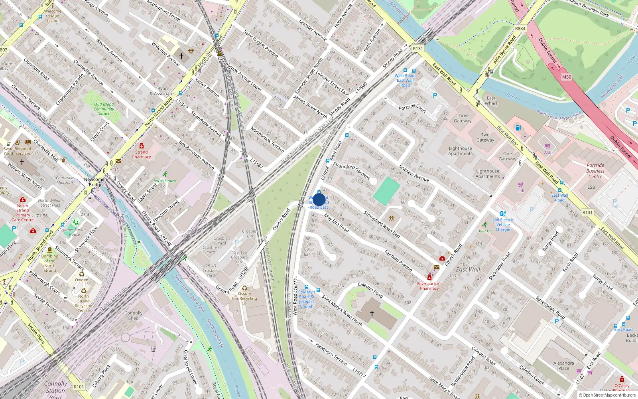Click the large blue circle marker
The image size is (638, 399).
pyautogui.click(x=319, y=199)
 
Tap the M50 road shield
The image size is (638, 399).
pyautogui.click(x=566, y=77)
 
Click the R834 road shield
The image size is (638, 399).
pyautogui.click(x=520, y=28)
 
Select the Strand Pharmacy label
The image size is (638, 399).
pyautogui.click(x=142, y=154)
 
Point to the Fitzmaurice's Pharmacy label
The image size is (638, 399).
pyautogui.click(x=429, y=286)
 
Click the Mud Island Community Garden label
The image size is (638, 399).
pyautogui.click(x=104, y=109)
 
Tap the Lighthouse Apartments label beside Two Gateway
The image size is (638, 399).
pyautogui.click(x=460, y=151)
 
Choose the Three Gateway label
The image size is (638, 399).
pyautogui.click(x=463, y=118)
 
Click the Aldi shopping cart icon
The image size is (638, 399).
pyautogui.click(x=548, y=146)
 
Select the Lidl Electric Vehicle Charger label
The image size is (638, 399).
pyautogui.click(x=503, y=225)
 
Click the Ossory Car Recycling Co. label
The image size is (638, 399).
pyautogui.click(x=244, y=298)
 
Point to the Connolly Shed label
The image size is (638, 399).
pyautogui.click(x=133, y=316)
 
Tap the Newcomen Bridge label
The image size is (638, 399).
pyautogui.click(x=96, y=182)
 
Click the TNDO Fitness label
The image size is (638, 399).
pyautogui.click(x=165, y=181)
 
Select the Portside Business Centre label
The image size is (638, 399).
pyautogui.click(x=595, y=171)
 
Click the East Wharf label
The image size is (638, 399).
pyautogui.click(x=491, y=101)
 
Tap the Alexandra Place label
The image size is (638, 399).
pyautogui.click(x=563, y=365)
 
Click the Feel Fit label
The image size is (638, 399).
pyautogui.click(x=485, y=231)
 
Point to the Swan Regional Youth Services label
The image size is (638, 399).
pyautogui.click(x=17, y=151)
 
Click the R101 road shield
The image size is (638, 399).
pyautogui.click(x=79, y=386)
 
